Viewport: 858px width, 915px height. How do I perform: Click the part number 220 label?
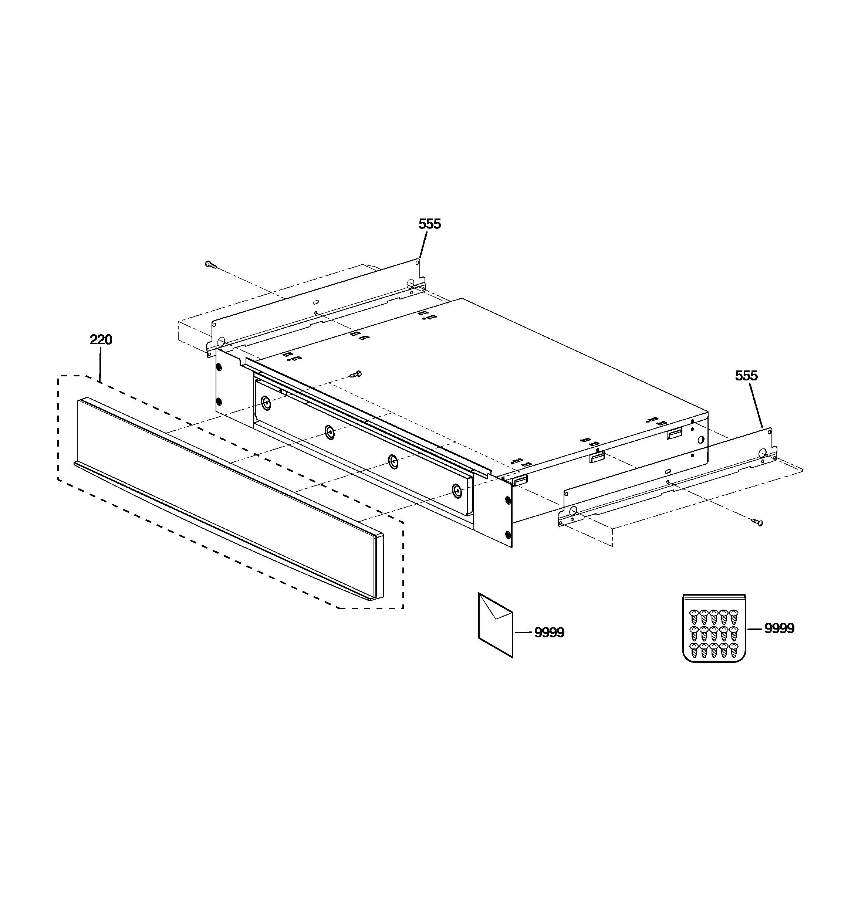click(x=101, y=340)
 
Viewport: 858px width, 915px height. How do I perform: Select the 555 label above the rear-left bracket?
click(x=430, y=224)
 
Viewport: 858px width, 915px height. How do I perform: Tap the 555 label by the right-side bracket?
click(x=746, y=376)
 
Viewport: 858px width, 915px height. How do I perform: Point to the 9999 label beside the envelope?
click(x=549, y=633)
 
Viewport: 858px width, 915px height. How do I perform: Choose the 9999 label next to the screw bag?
click(x=779, y=629)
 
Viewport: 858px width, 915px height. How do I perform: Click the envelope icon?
click(x=496, y=624)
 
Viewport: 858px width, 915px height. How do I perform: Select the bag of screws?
click(x=714, y=628)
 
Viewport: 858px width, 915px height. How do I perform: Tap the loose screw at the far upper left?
click(x=210, y=264)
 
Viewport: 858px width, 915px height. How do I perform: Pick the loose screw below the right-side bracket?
click(x=757, y=522)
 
